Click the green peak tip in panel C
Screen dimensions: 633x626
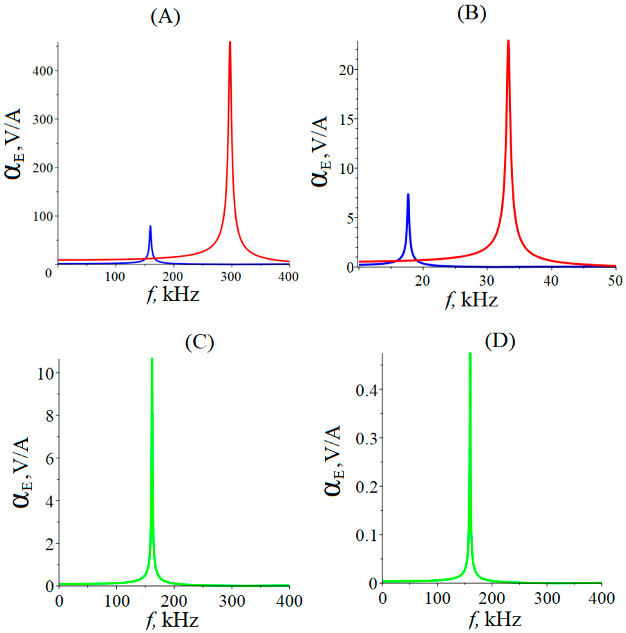click(152, 359)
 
